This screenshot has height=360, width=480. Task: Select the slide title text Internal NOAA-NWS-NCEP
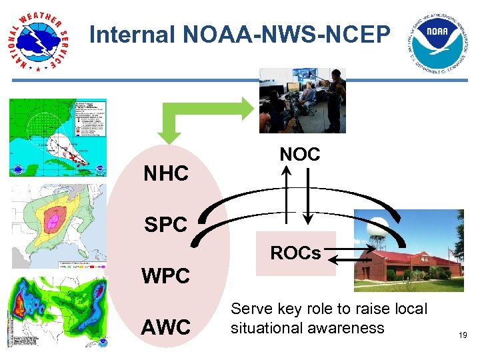click(x=239, y=34)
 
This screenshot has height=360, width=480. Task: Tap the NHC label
click(x=167, y=174)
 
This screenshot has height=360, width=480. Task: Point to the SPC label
click(x=166, y=225)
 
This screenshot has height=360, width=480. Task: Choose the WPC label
click(x=165, y=275)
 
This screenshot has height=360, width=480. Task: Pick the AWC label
click(x=166, y=327)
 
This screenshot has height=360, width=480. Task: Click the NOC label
click(x=299, y=155)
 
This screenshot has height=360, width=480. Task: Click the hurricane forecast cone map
click(x=58, y=138)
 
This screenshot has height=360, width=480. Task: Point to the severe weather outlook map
click(x=58, y=227)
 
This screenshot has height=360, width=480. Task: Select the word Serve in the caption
click(x=249, y=309)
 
